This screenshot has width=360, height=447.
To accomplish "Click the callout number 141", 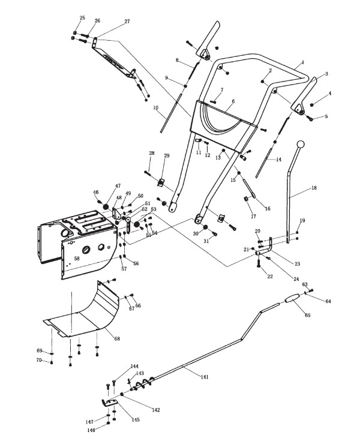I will [x=205, y=377].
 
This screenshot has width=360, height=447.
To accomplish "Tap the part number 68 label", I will [x=117, y=339].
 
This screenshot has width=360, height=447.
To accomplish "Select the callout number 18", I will [x=314, y=188].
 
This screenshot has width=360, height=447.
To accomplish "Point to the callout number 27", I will [x=127, y=21].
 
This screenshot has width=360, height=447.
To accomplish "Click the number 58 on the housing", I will [x=76, y=258].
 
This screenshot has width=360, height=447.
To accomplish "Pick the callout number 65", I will [x=307, y=314].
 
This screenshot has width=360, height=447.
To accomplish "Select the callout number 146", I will [x=91, y=430].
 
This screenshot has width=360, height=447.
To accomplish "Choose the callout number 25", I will [x=82, y=18].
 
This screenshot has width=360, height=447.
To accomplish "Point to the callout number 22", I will [x=270, y=276].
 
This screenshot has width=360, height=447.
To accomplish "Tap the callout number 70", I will [x=40, y=360].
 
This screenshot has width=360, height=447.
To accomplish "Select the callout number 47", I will [x=118, y=186].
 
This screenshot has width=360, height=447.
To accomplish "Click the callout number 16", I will [x=267, y=208].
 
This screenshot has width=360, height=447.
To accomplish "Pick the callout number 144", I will [x=134, y=366].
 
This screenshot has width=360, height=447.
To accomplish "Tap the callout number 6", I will [x=233, y=101].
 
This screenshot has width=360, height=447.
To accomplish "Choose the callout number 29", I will [x=167, y=156].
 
